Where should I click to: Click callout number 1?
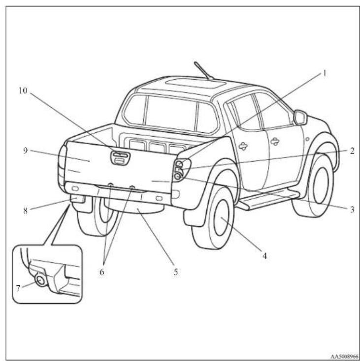click(325, 73)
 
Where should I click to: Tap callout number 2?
click(352, 151)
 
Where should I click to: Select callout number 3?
click(352, 210)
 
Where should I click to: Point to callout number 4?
click(264, 256)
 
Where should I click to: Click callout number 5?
click(176, 272)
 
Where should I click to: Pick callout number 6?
click(101, 272)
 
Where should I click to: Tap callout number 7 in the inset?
click(18, 288)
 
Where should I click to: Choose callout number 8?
click(25, 211)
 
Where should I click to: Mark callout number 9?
click(25, 151)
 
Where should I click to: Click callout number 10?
click(23, 90)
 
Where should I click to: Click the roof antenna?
click(203, 71)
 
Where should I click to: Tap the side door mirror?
click(300, 118)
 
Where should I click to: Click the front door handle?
click(275, 141)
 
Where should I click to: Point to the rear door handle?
click(243, 146)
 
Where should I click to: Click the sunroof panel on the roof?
click(196, 84)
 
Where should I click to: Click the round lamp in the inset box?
click(41, 281)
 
